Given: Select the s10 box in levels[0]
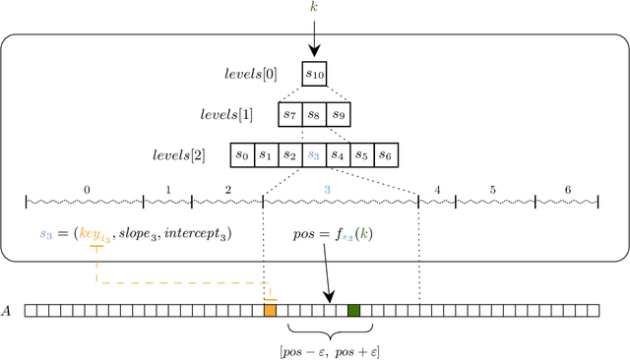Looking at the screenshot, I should (x=315, y=73).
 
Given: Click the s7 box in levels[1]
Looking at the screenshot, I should (x=290, y=114).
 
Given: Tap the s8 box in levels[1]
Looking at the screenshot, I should (x=315, y=114).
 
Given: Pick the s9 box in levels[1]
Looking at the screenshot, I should (x=340, y=114).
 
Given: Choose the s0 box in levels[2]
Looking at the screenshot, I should (x=241, y=155).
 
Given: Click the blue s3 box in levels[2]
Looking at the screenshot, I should (x=314, y=155).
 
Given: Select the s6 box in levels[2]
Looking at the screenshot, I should (x=387, y=155).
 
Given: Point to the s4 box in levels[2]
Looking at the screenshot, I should (x=339, y=155).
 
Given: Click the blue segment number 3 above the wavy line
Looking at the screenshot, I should (x=328, y=190).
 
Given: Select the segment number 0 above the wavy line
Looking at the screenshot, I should (x=86, y=190).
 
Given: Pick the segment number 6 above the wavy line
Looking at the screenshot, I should (x=567, y=190).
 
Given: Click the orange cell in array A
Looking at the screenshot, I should (x=270, y=311).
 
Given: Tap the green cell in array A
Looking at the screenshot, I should (x=353, y=311).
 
